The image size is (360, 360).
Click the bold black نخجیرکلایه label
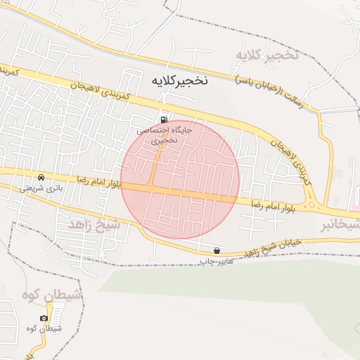pyautogui.click(x=180, y=81)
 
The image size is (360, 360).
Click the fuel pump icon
pyautogui.click(x=165, y=119)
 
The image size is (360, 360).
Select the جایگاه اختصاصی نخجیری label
pyautogui.click(x=164, y=135)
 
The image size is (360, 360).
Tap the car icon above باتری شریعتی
pyautogui.click(x=41, y=177)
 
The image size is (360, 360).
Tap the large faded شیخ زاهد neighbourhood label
pyautogui.click(x=95, y=224)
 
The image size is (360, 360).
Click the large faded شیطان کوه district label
pyautogui.click(x=53, y=297)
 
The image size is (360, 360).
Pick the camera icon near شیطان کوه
pyautogui.click(x=44, y=319)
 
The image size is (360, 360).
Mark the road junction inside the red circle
pyautogui.click(x=154, y=184)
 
